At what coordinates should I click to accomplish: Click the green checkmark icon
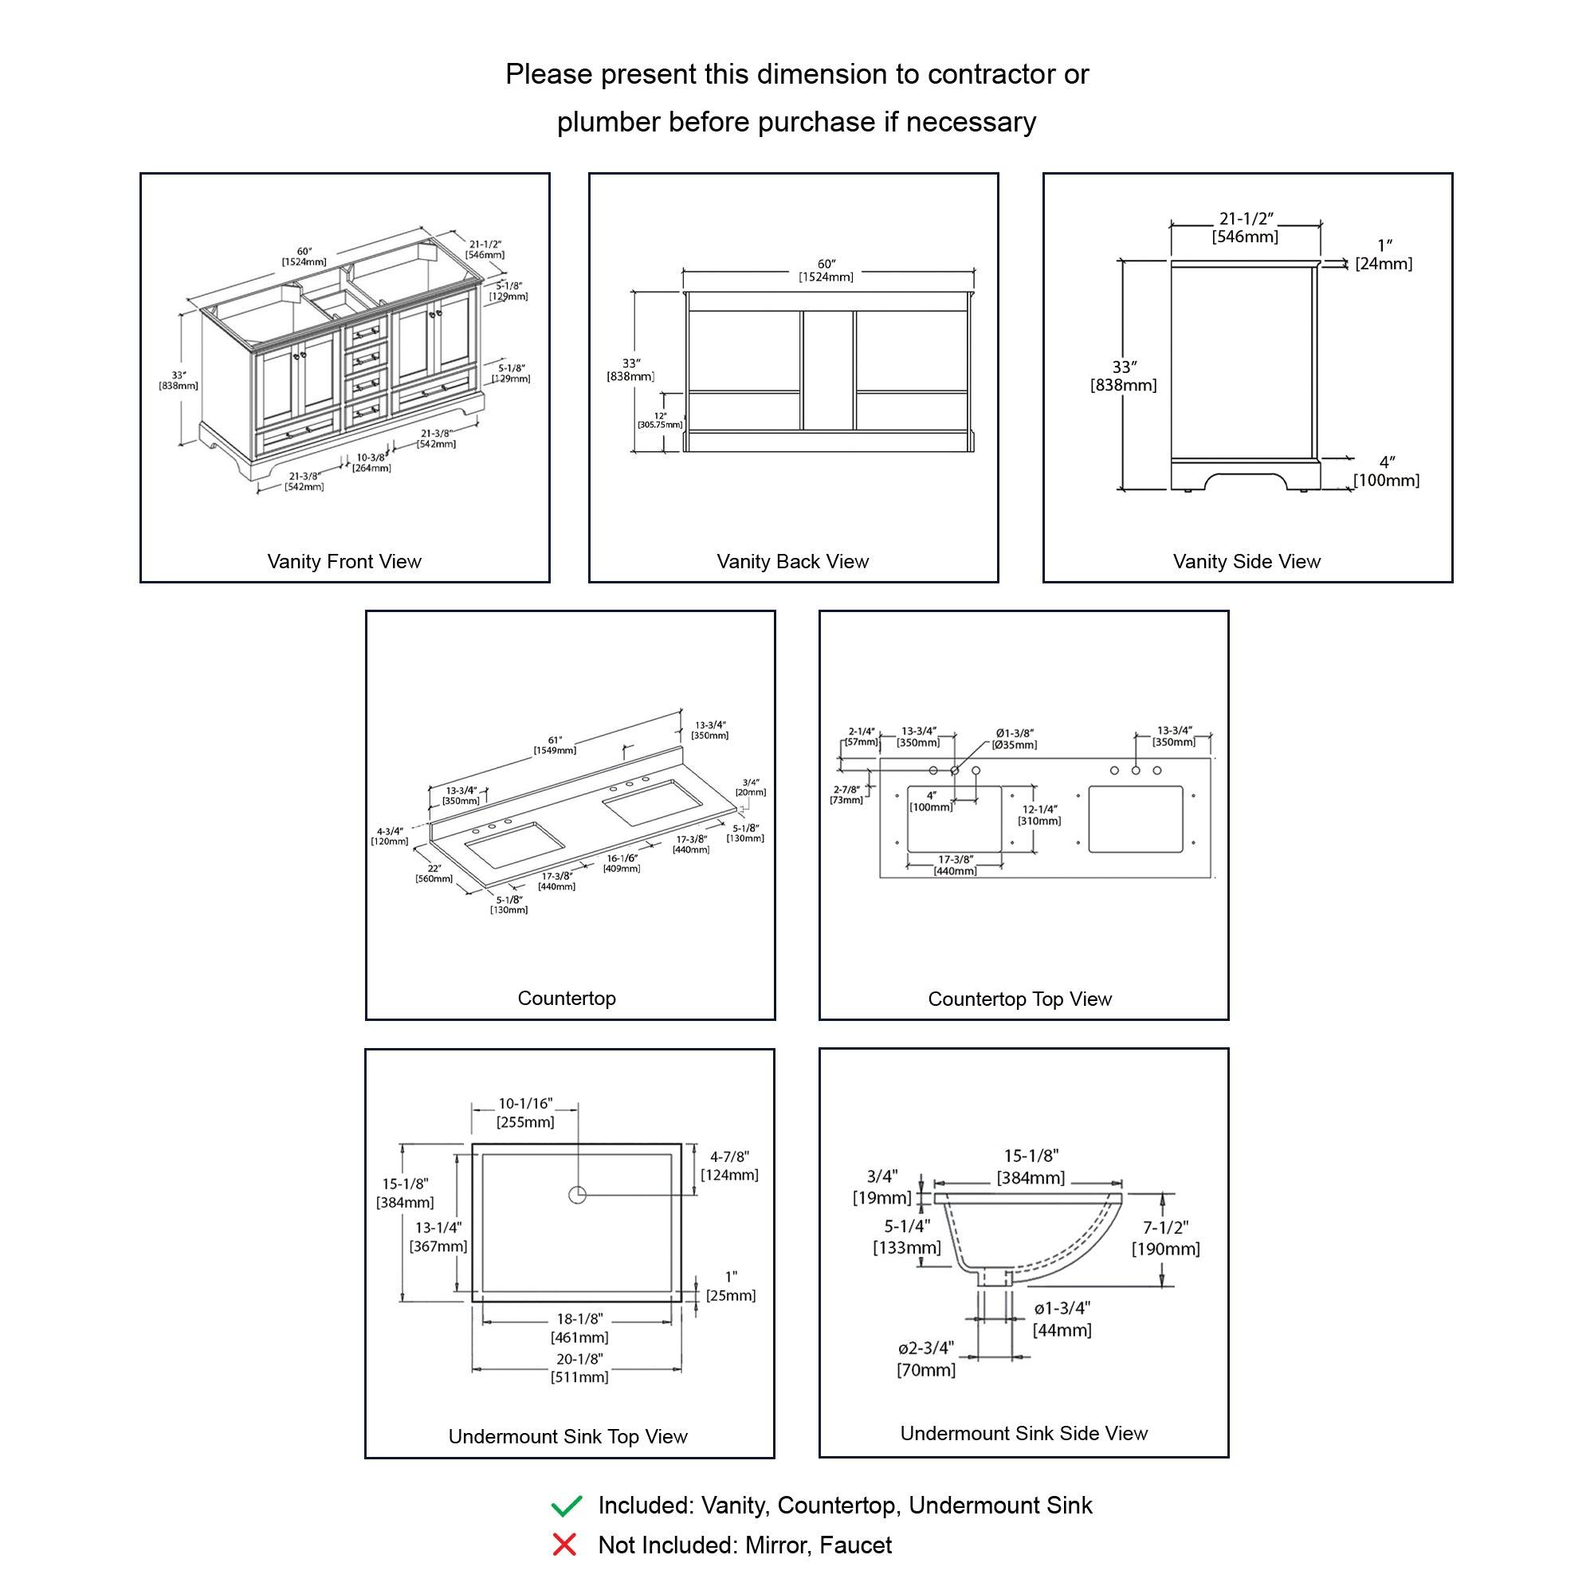click(x=566, y=1506)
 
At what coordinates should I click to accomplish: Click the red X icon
click(x=564, y=1545)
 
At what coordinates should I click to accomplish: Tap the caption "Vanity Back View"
click(x=792, y=562)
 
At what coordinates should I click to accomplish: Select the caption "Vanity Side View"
click(x=1246, y=562)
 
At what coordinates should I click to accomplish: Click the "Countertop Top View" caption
click(x=1020, y=999)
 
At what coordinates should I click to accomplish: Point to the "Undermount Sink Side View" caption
click(x=1023, y=1433)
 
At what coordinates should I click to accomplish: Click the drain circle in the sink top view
click(x=577, y=1194)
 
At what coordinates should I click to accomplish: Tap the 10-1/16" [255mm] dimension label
click(x=525, y=1113)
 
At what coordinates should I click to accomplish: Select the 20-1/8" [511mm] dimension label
click(x=579, y=1368)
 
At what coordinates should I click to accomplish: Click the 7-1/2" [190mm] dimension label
click(x=1165, y=1239)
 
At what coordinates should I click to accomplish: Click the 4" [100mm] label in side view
click(x=1386, y=471)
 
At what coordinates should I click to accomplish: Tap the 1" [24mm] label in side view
click(x=1384, y=255)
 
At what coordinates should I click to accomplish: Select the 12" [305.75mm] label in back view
click(x=660, y=421)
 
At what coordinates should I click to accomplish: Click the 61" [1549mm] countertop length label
click(x=555, y=746)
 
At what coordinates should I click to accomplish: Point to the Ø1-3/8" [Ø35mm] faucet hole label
click(x=1014, y=739)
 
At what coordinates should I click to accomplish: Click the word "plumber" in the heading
click(x=608, y=122)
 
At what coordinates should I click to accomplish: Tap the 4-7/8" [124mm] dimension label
click(x=729, y=1166)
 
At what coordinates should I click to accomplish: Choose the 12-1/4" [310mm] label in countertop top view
click(x=1039, y=815)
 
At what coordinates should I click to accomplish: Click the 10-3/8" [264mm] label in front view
click(x=371, y=463)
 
